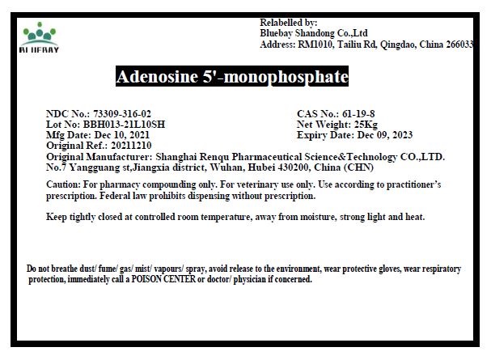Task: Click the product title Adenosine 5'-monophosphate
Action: (232, 78)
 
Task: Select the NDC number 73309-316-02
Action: (122, 114)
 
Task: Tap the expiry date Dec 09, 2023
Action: (390, 135)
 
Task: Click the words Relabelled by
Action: (289, 23)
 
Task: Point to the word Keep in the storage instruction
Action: (58, 217)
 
